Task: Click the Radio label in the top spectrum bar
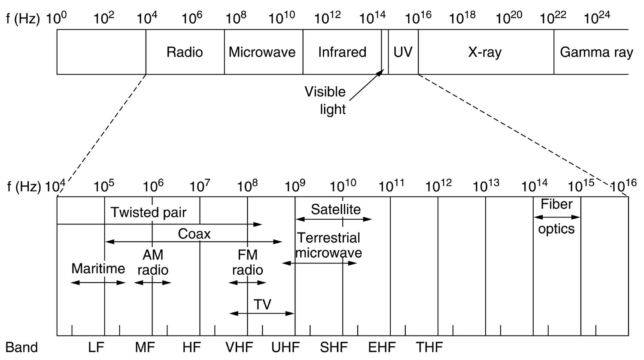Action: coord(185,52)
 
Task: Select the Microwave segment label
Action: coord(262,52)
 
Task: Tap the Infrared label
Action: coord(342,52)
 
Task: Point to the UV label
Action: coord(403,52)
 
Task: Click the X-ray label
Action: coord(485,52)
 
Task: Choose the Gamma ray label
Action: coord(596,52)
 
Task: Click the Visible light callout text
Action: coord(325,100)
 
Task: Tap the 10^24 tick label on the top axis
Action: coord(597,18)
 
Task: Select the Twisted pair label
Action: coord(149,212)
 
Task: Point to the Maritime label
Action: coord(98,269)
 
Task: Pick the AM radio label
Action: coord(153,262)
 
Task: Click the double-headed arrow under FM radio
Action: coord(247,282)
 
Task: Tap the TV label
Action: coord(262,304)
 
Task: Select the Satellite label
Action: coord(336,209)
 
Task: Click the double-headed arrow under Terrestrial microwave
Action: coord(319,263)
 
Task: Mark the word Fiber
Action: coord(556,204)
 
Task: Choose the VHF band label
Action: coord(239,347)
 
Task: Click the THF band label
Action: coord(429,347)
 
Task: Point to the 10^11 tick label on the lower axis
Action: coord(392,186)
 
